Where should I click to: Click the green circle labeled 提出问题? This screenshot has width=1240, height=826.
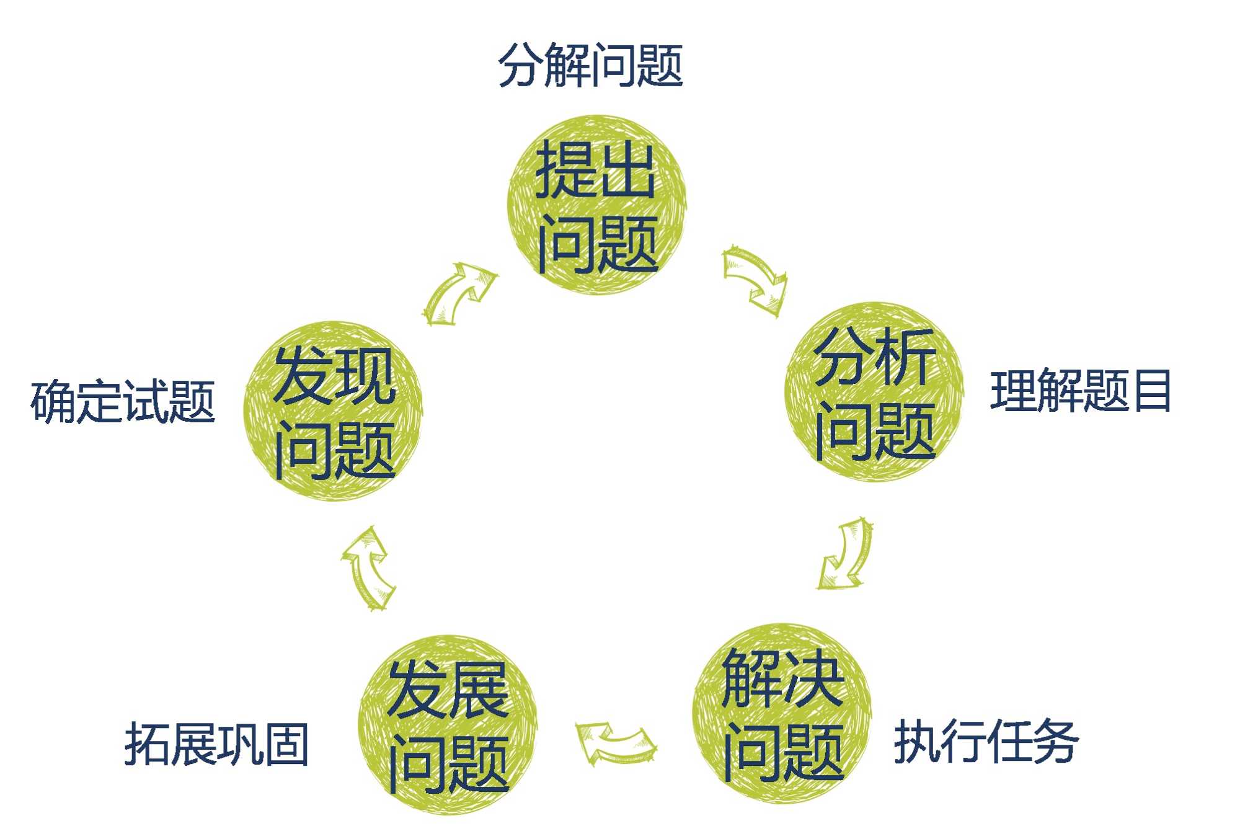pos(597,205)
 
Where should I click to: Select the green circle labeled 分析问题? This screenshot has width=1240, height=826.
pos(874,392)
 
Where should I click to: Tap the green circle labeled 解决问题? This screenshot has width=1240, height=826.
pos(782,713)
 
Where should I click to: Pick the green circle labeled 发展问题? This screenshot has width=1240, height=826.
pos(448,724)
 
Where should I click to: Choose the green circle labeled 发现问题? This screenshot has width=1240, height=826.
pos(334,411)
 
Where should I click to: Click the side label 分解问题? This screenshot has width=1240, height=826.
pos(590,66)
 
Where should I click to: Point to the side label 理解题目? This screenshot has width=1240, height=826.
pos(1080,391)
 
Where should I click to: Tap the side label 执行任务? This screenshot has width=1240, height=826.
pos(986,741)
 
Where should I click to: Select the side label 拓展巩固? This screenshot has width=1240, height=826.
pos(216,744)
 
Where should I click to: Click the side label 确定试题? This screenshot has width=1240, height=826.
pos(123,402)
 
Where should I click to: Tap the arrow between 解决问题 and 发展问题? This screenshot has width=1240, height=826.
pos(615,742)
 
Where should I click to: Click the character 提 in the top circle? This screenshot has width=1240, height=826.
pos(564,169)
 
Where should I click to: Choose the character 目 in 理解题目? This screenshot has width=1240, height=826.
pos(1152,391)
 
